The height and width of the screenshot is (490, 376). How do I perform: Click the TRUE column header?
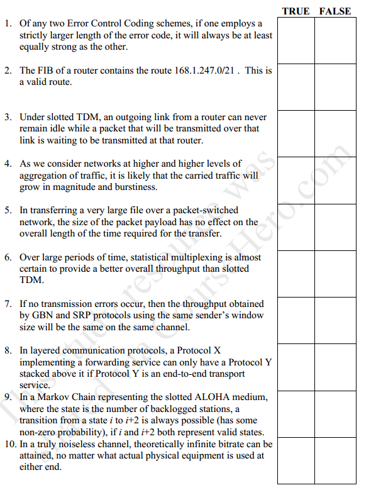296,11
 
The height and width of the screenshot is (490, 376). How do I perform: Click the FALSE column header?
335,11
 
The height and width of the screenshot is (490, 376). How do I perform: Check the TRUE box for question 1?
296,40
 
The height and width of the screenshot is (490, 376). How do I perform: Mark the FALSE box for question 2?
335,87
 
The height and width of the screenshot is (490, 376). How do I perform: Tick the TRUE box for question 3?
296,133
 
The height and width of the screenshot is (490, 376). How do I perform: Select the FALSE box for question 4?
335,181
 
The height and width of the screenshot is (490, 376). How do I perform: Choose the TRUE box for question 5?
296,227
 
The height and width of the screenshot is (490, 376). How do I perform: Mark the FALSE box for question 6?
335,274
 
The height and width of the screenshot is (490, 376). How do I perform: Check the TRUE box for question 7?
296,320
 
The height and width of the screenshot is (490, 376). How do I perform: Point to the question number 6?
7,257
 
